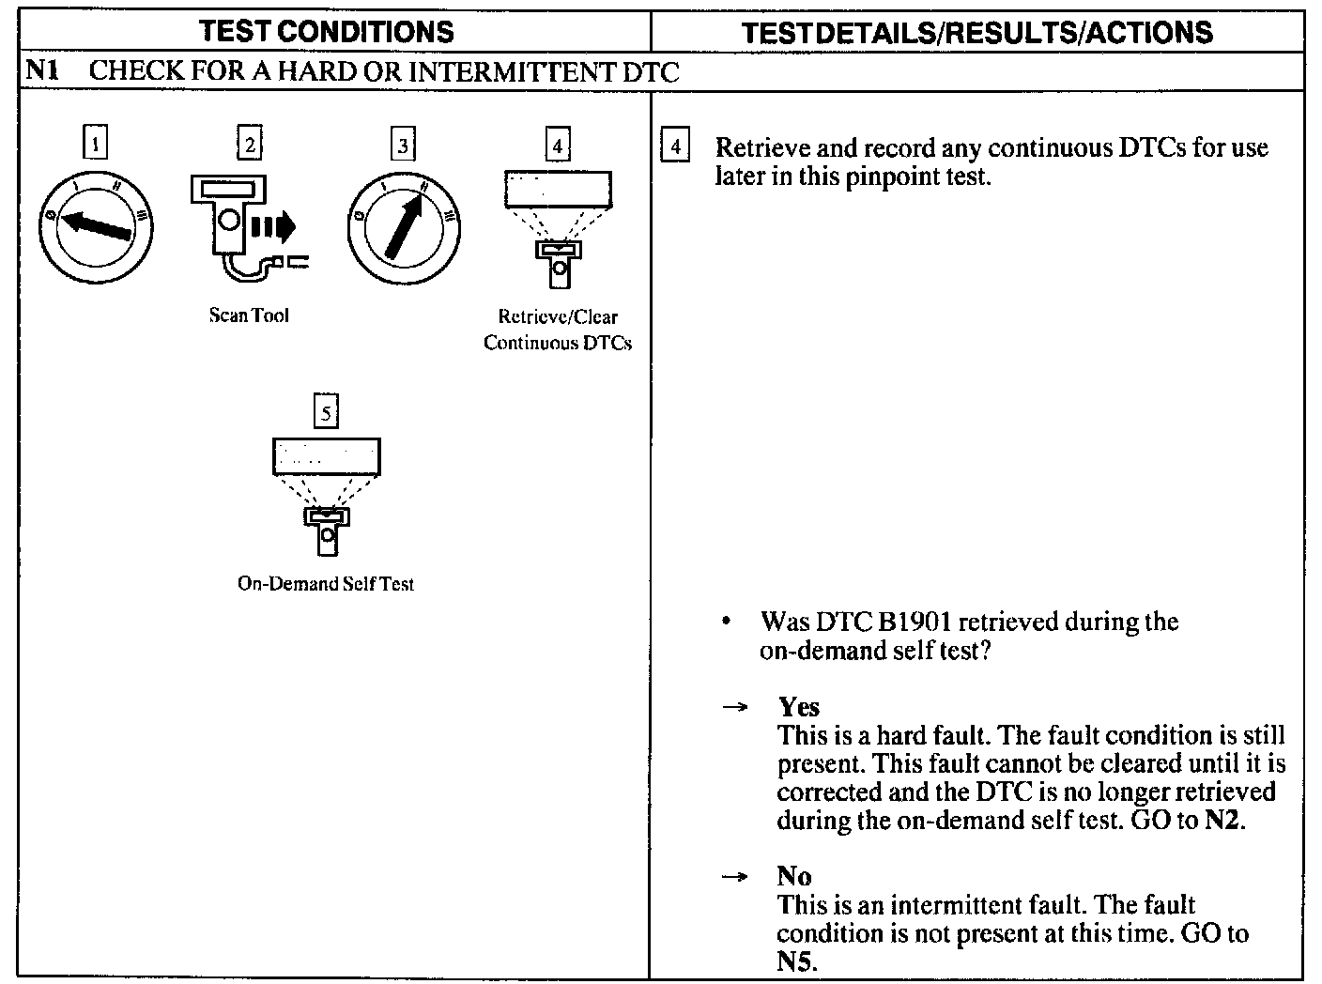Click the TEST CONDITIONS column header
327,32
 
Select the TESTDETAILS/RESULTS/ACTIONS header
976,33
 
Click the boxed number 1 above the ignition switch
96,145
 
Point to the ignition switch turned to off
96,228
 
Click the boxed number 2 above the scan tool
249,144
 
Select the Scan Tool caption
249,315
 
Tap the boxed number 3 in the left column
403,145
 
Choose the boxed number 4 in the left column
558,145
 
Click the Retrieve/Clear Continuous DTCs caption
558,330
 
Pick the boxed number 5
326,412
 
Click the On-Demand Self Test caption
326,584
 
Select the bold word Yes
798,707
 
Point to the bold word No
793,876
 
